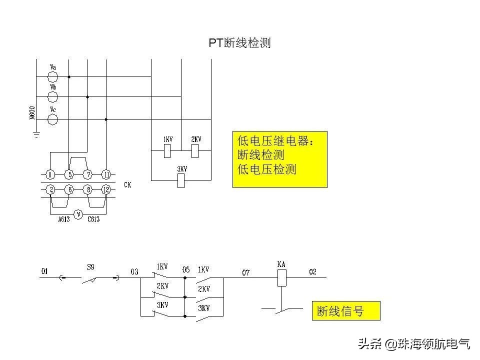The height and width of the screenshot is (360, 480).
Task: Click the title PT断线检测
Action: (239, 43)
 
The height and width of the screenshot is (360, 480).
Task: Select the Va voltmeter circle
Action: (52, 76)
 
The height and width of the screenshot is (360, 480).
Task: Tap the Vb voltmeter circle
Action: (52, 97)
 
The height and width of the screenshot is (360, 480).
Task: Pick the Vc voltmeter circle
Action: (52, 119)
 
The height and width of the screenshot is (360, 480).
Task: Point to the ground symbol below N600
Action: (36, 134)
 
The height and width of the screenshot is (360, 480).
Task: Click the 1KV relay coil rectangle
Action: (168, 149)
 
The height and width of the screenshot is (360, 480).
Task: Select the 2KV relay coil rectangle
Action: (196, 149)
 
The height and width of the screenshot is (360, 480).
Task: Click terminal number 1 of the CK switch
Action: (50, 174)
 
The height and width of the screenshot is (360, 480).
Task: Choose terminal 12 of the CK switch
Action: (105, 189)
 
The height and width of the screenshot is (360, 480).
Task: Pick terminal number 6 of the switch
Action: (69, 189)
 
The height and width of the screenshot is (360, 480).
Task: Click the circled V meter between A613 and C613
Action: (78, 214)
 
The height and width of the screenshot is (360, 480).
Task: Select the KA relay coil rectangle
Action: (282, 278)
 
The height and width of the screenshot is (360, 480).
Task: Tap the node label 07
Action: (245, 272)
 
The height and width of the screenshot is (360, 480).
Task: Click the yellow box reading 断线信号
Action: (346, 311)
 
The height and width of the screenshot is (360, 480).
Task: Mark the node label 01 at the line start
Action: (44, 271)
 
